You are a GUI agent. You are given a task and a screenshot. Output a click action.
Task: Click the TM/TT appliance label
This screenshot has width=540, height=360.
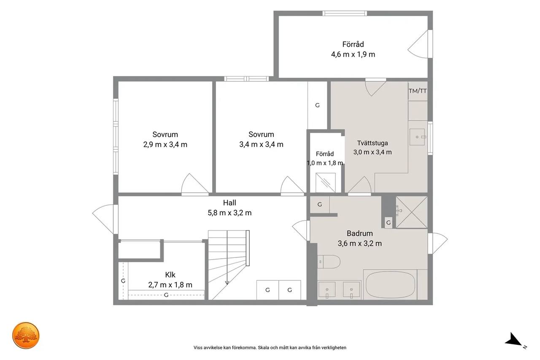tap(418, 91)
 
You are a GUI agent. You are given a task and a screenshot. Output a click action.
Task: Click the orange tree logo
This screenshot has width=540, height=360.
tap(26, 336)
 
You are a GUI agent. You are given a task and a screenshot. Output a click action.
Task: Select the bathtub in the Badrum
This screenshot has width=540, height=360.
tap(390, 285)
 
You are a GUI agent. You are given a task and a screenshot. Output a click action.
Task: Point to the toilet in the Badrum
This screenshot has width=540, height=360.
tap(329, 262)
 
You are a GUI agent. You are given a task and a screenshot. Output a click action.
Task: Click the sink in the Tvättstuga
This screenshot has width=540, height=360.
tap(417, 137)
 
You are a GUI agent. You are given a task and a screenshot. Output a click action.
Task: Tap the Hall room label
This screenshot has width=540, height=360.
tap(229, 203)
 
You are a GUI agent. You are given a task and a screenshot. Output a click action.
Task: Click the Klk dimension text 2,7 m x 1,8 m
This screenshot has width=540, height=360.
tap(170, 285)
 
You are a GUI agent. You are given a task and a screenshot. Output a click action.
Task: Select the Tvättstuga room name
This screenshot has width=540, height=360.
tap(373, 143)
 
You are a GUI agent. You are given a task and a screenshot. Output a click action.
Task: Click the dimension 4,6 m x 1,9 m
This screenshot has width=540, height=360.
tap(353, 54)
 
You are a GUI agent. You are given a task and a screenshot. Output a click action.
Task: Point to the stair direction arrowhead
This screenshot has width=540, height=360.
tap(227, 283)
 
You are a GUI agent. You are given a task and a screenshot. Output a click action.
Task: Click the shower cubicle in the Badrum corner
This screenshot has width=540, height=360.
tap(411, 212)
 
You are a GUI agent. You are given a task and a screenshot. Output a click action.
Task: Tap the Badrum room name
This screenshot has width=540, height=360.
tap(360, 233)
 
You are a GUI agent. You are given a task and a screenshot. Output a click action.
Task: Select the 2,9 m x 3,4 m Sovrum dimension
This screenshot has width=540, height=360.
tap(165, 144)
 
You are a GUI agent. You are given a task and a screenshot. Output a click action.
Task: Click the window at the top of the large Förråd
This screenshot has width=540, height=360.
tap(345, 13)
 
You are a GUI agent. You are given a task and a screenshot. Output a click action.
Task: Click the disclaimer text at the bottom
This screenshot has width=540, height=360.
tap(270, 347)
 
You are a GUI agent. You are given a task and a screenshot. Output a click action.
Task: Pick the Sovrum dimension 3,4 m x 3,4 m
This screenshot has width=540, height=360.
tap(261, 144)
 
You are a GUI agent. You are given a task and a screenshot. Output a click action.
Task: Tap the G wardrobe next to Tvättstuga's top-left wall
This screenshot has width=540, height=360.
tap(317, 105)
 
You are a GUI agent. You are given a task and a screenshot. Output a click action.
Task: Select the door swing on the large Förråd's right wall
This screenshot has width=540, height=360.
tap(419, 44)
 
